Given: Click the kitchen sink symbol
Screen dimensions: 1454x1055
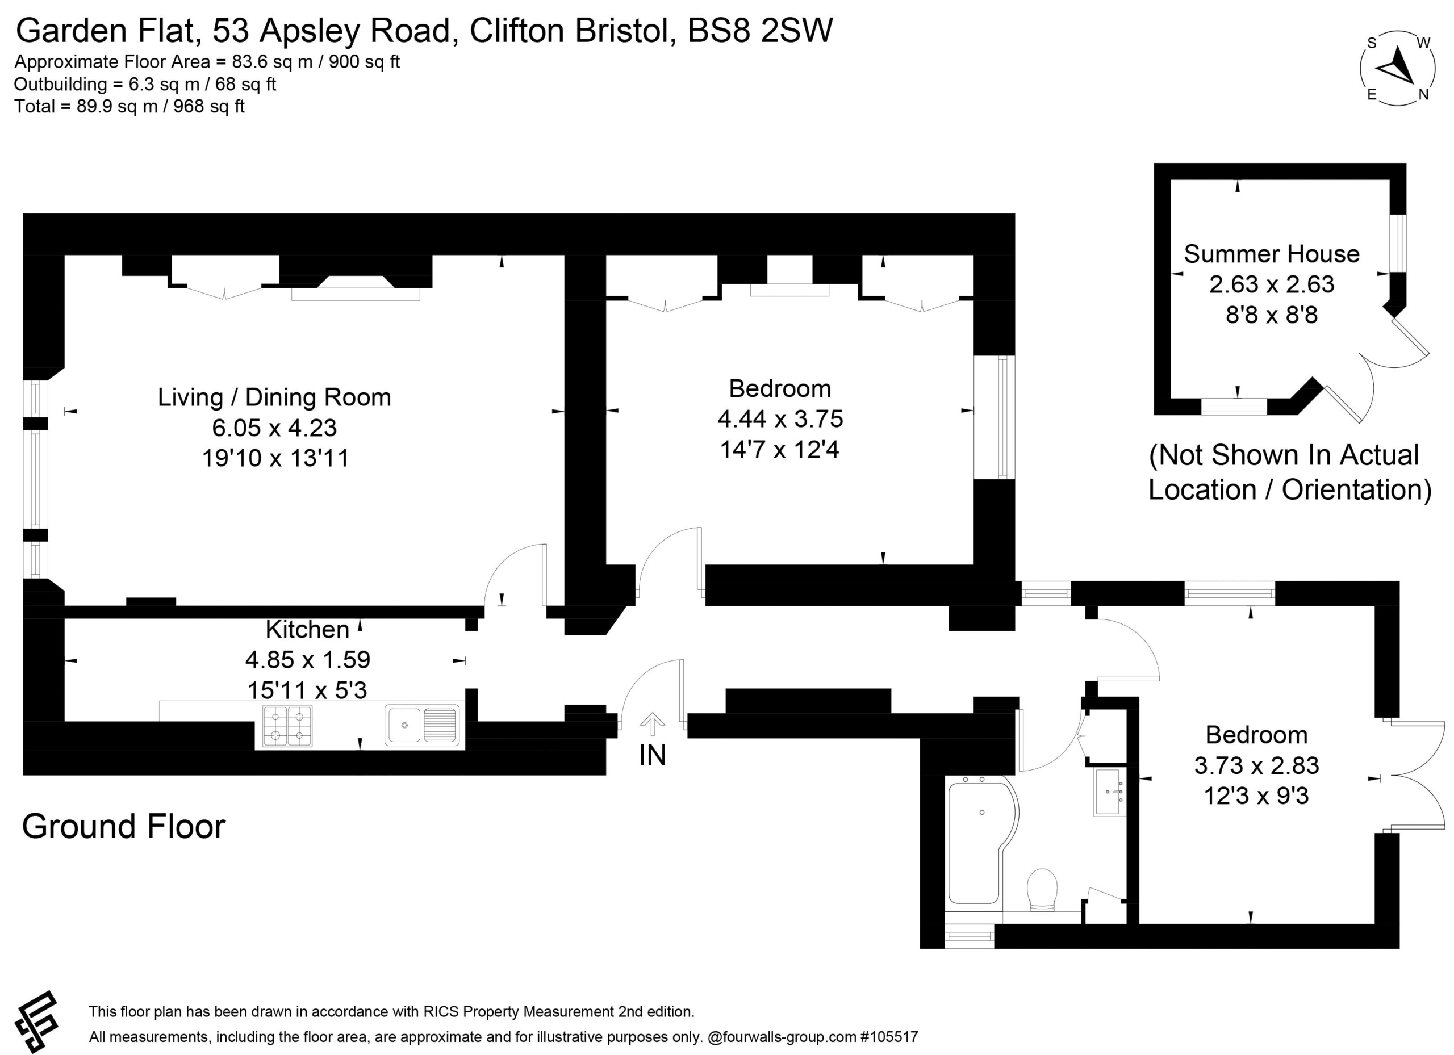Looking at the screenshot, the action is point(423,725).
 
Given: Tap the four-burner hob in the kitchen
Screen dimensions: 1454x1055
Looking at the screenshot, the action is point(287,726).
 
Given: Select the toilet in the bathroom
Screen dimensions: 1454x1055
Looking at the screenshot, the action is point(1042,890).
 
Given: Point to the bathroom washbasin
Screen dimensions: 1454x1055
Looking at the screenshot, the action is point(1110,792).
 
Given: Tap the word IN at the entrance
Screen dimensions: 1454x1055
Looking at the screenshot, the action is point(653,756).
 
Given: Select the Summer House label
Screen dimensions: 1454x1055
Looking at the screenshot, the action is point(1271,254).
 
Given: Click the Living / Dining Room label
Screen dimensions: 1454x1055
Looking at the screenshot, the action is point(274,397).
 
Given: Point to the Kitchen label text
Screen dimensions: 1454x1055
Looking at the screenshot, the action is point(308,629).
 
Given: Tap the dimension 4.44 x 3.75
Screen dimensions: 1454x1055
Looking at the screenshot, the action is point(780,418).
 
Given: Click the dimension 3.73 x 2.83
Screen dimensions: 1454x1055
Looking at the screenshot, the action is point(1256,765).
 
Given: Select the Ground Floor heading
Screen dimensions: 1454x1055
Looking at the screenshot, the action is point(124,826).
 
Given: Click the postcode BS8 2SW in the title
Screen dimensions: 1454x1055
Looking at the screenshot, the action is point(761,30).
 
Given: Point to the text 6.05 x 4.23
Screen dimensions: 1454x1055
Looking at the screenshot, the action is point(274,428).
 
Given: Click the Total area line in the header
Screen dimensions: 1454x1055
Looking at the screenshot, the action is point(129,106).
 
